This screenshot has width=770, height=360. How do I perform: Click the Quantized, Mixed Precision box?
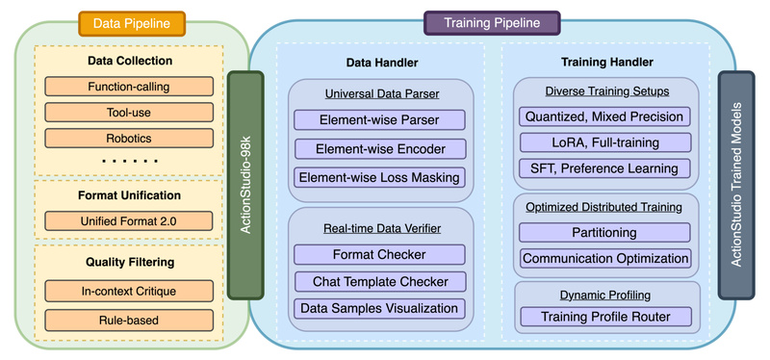point(604,116)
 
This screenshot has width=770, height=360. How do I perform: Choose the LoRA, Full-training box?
point(604,142)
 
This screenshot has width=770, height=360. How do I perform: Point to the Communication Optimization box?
point(604,258)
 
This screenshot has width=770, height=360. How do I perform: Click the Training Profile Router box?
point(604,316)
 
